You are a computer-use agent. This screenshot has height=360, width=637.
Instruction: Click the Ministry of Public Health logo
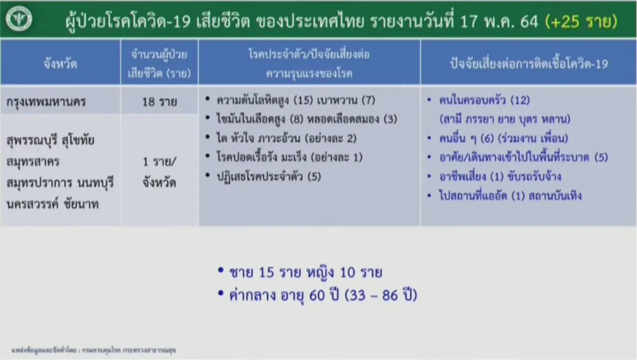click(x=19, y=18)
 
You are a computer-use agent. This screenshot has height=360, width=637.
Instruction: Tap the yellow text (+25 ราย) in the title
click(x=581, y=21)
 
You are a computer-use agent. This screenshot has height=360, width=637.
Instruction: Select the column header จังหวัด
click(x=60, y=64)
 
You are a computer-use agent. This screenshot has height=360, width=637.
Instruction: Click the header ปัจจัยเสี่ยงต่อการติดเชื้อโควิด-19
click(x=529, y=64)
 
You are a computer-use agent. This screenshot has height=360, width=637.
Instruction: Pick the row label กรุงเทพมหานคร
click(x=46, y=102)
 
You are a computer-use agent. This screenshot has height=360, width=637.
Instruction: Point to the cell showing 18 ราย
click(x=160, y=102)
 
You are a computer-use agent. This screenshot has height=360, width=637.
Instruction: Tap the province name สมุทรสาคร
click(x=33, y=162)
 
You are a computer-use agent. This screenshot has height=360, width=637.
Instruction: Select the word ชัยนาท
click(x=81, y=204)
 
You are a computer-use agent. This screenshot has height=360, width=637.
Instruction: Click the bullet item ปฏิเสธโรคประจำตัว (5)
click(x=269, y=176)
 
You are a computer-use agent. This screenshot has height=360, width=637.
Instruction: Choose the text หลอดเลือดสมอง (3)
click(x=352, y=119)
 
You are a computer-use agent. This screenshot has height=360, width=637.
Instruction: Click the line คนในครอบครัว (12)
click(x=485, y=100)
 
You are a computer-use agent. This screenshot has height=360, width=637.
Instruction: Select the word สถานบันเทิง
click(x=555, y=196)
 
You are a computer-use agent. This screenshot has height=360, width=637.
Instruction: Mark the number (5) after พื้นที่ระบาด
click(x=601, y=157)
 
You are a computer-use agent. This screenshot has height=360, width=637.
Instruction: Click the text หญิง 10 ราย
click(x=344, y=272)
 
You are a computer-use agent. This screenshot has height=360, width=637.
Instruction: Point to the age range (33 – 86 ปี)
click(x=381, y=295)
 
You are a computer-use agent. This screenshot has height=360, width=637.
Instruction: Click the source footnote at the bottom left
click(x=94, y=351)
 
